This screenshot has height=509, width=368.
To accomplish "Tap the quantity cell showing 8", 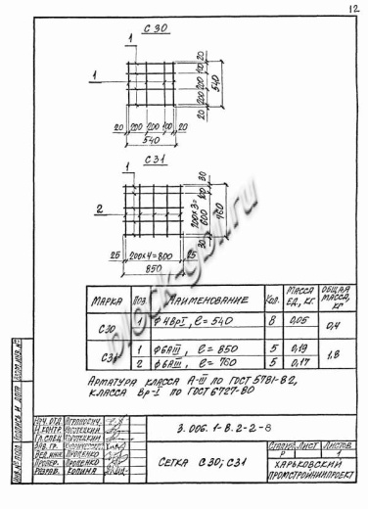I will pyautogui.click(x=270, y=319).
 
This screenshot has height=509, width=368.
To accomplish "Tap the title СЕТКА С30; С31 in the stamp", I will pyautogui.click(x=196, y=462).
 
